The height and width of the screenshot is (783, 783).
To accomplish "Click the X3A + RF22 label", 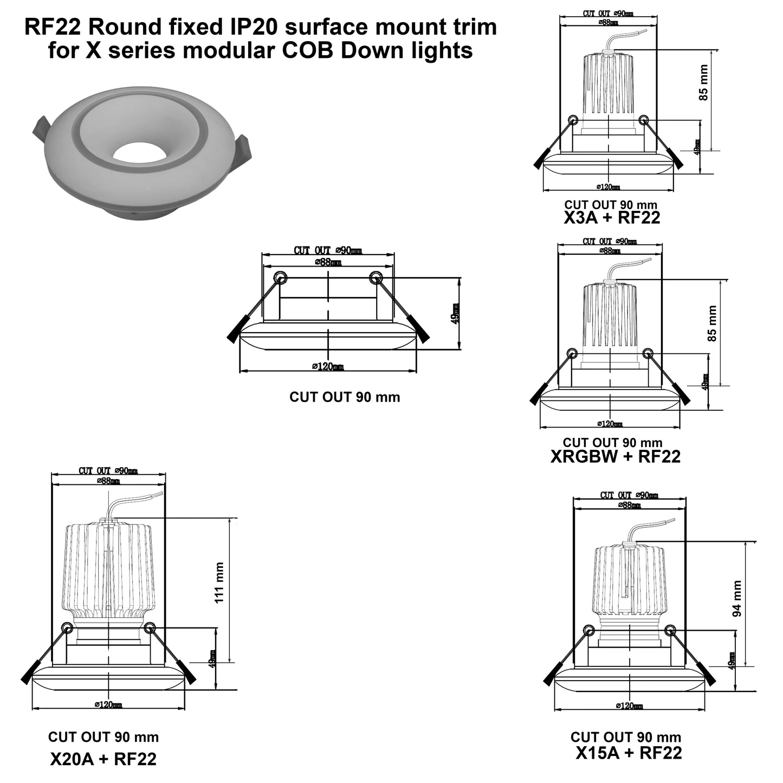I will [612, 218].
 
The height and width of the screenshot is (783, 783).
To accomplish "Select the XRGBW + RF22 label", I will [615, 456].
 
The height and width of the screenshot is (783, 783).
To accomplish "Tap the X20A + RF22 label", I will [103, 759].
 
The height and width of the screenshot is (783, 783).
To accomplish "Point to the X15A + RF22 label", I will [629, 753].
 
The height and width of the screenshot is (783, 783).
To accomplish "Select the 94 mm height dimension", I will [737, 599].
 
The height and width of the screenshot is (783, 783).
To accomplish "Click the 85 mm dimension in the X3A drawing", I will [703, 82].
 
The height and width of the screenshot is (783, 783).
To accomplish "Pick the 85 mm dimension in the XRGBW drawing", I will [712, 323].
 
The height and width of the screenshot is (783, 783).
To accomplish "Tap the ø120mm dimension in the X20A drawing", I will [108, 704].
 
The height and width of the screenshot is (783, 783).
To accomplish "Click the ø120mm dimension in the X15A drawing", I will [629, 706].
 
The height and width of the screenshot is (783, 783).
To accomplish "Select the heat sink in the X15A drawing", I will [629, 580].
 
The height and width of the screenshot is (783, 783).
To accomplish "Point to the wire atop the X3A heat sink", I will [615, 41].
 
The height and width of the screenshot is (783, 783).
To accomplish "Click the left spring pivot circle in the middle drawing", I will [280, 277].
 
